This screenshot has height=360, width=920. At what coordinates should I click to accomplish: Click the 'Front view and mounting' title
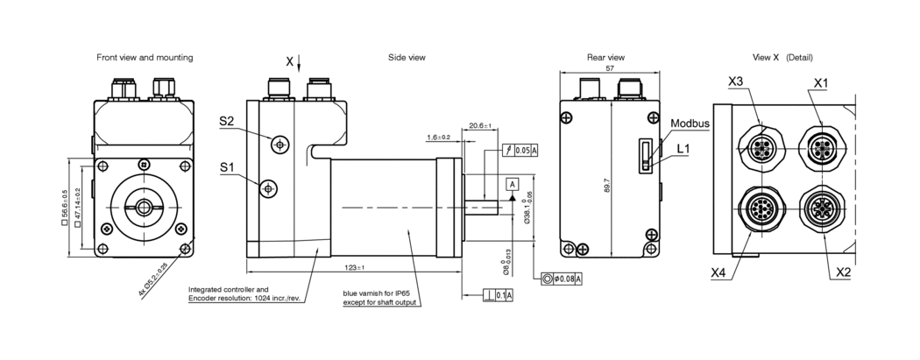point(145,57)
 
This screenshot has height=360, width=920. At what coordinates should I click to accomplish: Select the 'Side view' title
point(407,57)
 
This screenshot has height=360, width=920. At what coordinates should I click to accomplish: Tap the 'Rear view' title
point(605,57)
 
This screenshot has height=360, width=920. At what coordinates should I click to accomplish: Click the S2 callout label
point(227,122)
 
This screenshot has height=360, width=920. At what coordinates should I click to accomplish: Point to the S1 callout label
point(227,166)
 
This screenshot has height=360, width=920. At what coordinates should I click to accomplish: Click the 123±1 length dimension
point(354,267)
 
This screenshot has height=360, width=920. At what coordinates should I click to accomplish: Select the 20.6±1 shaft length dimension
point(480,125)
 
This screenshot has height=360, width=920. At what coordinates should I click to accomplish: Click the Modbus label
point(690,124)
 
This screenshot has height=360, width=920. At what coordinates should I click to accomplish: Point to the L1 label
point(683,150)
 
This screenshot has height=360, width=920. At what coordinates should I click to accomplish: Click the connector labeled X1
point(822,145)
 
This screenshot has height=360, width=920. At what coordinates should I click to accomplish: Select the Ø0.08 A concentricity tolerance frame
point(563,279)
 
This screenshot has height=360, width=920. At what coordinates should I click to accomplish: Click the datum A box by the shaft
point(513,183)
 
